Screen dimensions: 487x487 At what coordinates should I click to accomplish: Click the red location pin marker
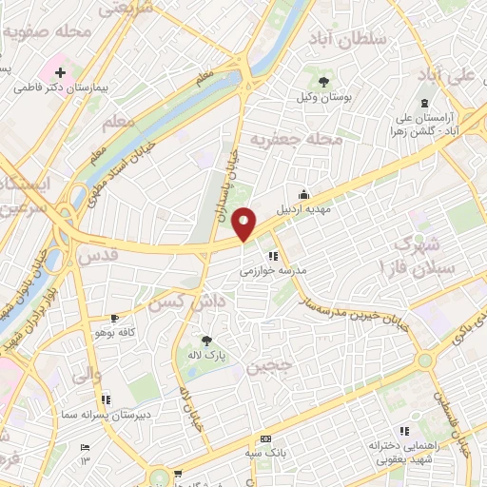[x=244, y=223]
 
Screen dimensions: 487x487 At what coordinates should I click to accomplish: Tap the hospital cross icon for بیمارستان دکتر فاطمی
[x=60, y=73]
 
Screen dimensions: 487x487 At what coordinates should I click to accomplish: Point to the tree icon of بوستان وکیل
[x=324, y=82]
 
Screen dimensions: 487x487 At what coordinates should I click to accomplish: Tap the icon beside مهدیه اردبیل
[x=303, y=194]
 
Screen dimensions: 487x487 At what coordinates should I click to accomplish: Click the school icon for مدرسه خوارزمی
[x=273, y=256]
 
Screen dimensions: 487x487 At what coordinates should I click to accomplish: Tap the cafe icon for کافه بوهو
[x=115, y=319]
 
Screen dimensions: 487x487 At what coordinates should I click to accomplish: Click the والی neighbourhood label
[x=84, y=374]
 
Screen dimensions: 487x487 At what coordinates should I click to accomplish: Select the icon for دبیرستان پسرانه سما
[x=106, y=399]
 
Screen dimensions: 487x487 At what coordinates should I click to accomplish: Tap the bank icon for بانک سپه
[x=265, y=438]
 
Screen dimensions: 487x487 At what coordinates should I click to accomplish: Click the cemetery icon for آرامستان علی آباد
[x=424, y=104]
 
